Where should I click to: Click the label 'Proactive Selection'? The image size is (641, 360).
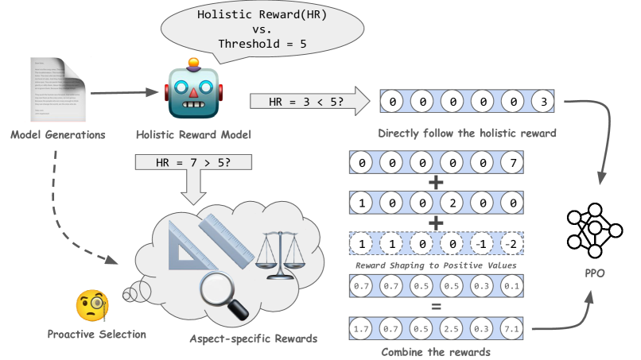[x=96, y=334]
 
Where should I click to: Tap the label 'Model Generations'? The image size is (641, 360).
[x=58, y=134]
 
